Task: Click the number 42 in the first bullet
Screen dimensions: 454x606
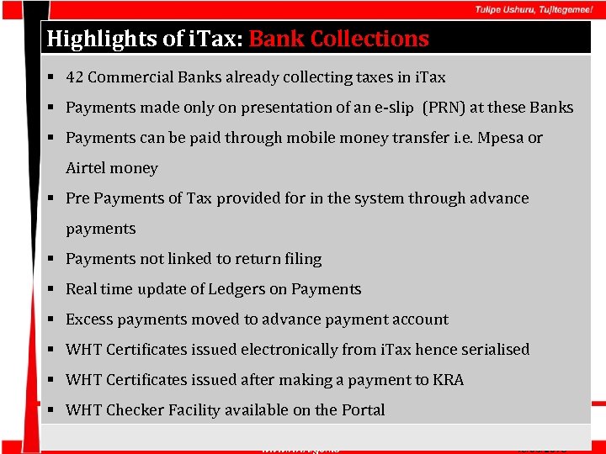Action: pos(74,77)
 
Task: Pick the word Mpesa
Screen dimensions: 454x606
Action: pos(500,138)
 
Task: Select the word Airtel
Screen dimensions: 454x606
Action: pos(87,168)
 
